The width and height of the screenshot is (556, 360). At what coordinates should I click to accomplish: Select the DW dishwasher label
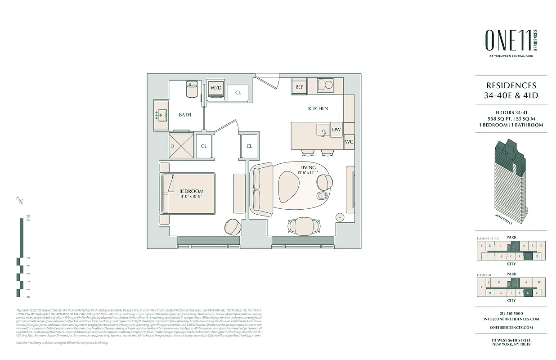tap(336, 130)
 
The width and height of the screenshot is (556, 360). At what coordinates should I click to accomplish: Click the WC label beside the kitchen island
tap(349, 142)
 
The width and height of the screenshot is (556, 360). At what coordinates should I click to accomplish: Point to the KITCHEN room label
tap(318, 108)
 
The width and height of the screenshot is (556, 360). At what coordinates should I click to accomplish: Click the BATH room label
tap(185, 115)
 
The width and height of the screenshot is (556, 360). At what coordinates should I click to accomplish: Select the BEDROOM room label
tap(191, 191)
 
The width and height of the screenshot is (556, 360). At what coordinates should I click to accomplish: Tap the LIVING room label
tap(308, 168)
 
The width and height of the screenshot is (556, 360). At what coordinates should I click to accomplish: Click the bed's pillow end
tap(167, 193)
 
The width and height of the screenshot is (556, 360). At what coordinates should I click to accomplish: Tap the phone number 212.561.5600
tap(511, 313)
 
